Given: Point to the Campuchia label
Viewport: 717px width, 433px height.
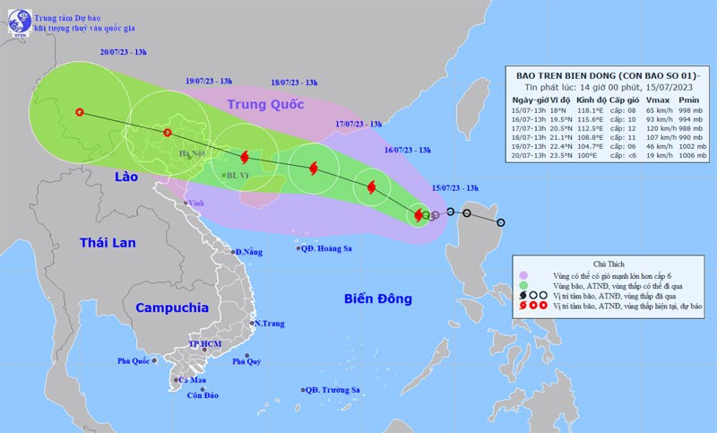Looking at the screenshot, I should click(x=172, y=307).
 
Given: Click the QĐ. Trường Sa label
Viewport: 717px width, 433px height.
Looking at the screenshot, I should click(x=332, y=390).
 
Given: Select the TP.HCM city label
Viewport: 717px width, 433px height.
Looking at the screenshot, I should click(x=205, y=344).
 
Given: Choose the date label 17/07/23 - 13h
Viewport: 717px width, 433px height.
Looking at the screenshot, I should click(x=358, y=124).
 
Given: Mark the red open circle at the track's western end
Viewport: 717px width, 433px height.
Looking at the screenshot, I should click(x=80, y=113).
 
